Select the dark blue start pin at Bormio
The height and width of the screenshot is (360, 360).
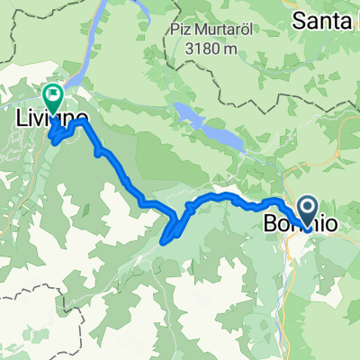(305, 211)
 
